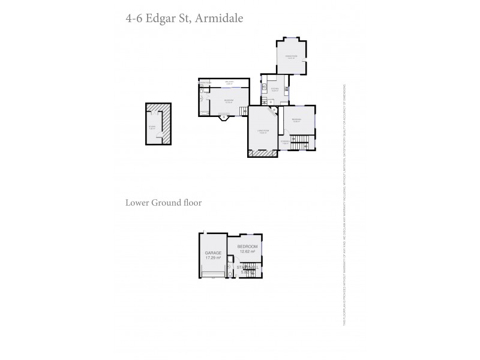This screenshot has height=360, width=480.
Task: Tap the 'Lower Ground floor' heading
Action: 163,203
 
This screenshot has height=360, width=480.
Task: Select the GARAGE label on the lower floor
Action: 213,253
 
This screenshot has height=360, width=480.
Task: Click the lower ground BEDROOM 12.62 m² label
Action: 247,250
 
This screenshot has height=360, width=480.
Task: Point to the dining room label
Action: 291,58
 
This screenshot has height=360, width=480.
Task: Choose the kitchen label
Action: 275,90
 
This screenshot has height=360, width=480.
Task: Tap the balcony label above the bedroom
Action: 229,83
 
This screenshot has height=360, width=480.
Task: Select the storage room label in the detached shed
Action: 153,127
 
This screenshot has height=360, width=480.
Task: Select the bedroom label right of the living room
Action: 296,120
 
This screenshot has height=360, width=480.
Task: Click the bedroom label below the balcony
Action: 228,100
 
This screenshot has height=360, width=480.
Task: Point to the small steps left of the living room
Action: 243,111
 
